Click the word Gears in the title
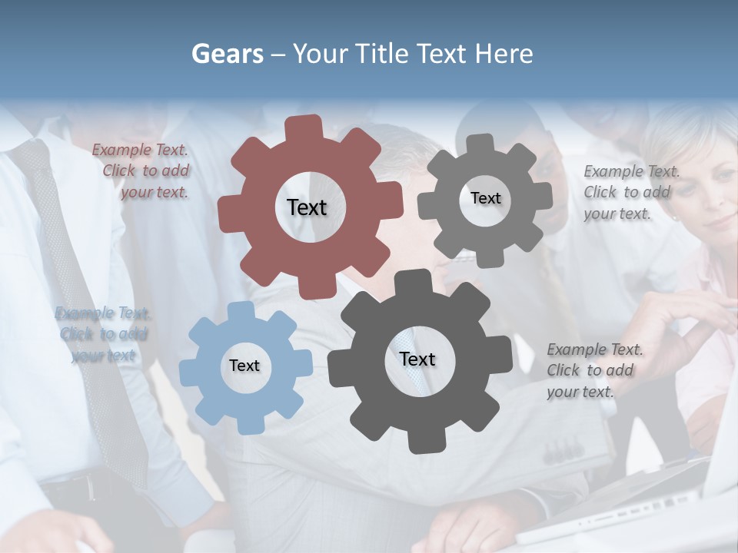(227, 54)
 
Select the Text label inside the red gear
(307, 207)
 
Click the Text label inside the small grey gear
(485, 198)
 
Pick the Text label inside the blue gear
(244, 366)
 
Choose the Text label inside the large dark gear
(417, 359)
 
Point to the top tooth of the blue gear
(241, 310)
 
